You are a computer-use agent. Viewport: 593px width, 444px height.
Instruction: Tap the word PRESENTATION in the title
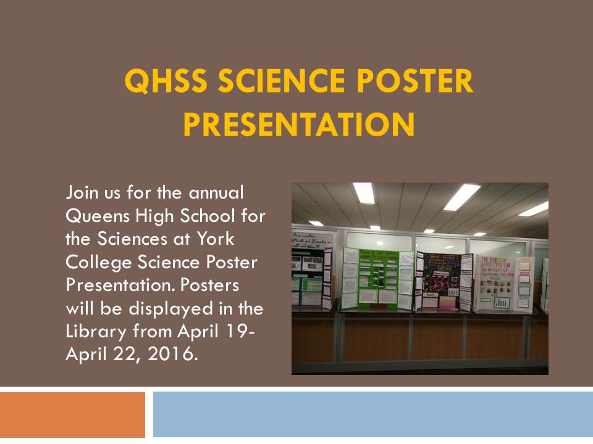[x=298, y=123]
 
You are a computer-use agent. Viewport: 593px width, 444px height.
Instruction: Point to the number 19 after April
[x=238, y=331]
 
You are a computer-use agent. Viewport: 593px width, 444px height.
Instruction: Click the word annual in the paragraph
[x=213, y=193]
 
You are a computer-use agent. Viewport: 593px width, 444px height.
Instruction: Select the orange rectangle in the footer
[x=72, y=414]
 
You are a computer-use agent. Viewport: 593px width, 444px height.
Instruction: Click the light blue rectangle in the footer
[x=372, y=414]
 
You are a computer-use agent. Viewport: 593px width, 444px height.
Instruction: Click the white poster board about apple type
[x=503, y=281]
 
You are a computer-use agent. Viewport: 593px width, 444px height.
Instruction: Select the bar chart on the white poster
[x=501, y=302]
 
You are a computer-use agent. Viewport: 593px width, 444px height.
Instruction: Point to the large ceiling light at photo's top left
[x=364, y=192]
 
